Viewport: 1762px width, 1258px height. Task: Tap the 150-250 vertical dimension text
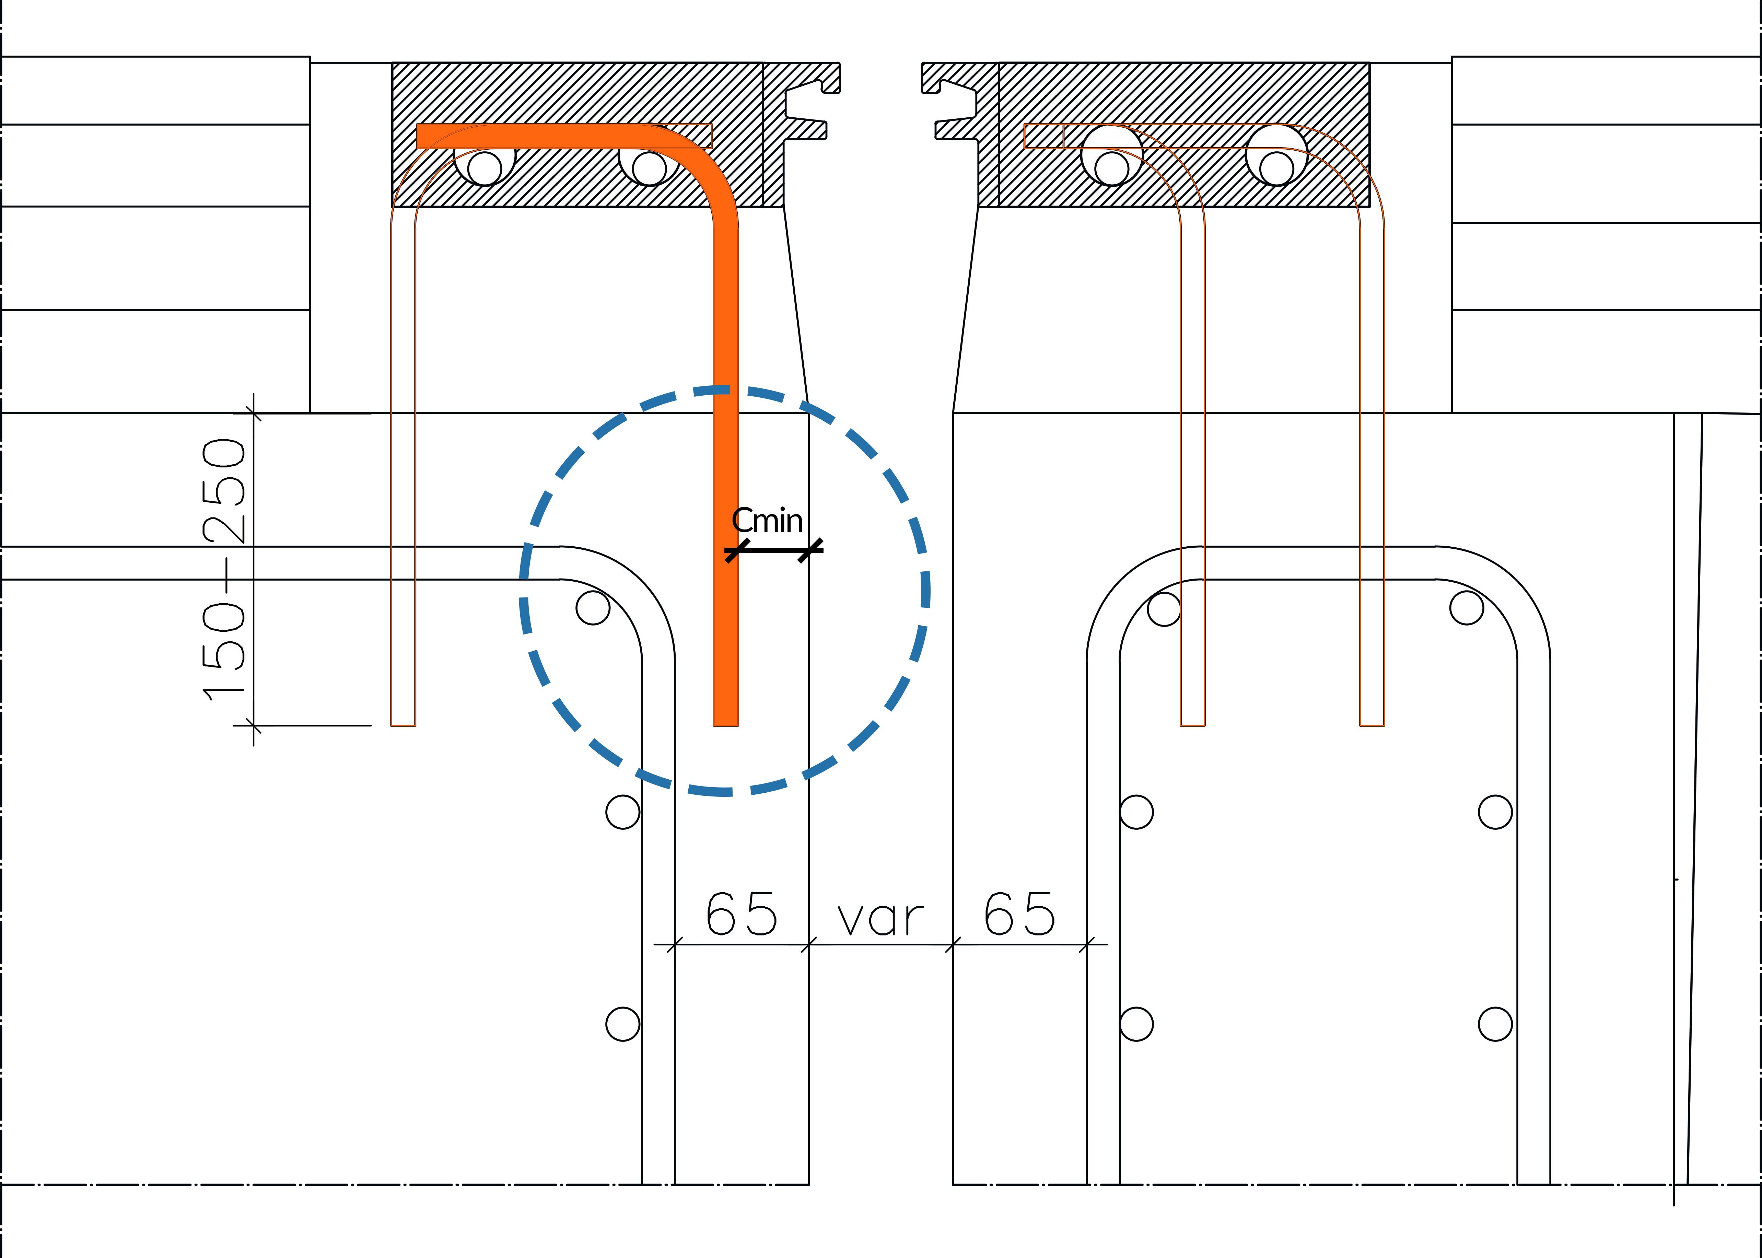coord(224,569)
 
